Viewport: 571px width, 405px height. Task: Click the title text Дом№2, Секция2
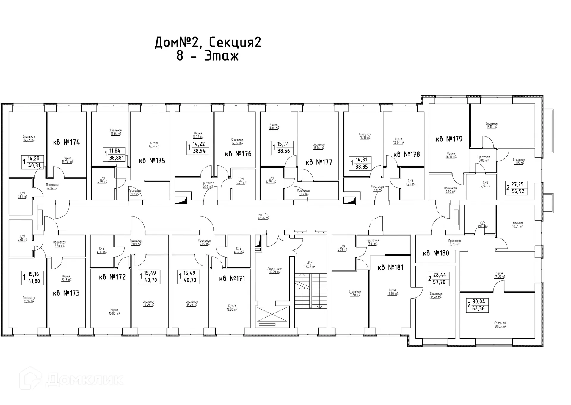click(208, 43)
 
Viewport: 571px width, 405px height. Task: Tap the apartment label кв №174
click(67, 142)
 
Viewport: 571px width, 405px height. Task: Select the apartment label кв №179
click(449, 139)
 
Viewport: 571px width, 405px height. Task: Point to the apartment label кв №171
click(232, 279)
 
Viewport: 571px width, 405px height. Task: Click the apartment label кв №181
click(390, 268)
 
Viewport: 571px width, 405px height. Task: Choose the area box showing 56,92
click(517, 188)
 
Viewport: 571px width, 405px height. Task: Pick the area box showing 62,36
click(478, 305)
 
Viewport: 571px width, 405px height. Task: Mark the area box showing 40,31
click(33, 162)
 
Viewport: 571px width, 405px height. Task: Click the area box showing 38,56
click(282, 147)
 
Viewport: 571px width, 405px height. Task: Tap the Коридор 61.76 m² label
click(264, 216)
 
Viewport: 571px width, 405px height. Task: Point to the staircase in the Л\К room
click(310, 291)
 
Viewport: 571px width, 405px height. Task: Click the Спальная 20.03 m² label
click(500, 324)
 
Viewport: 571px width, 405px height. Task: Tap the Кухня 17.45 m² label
click(499, 275)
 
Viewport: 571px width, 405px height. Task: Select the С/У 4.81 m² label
click(22, 195)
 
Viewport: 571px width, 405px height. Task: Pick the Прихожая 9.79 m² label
click(454, 242)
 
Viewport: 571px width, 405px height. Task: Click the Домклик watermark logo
click(71, 379)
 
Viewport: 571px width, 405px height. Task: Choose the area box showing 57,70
click(439, 279)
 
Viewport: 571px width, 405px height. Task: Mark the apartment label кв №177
click(319, 162)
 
